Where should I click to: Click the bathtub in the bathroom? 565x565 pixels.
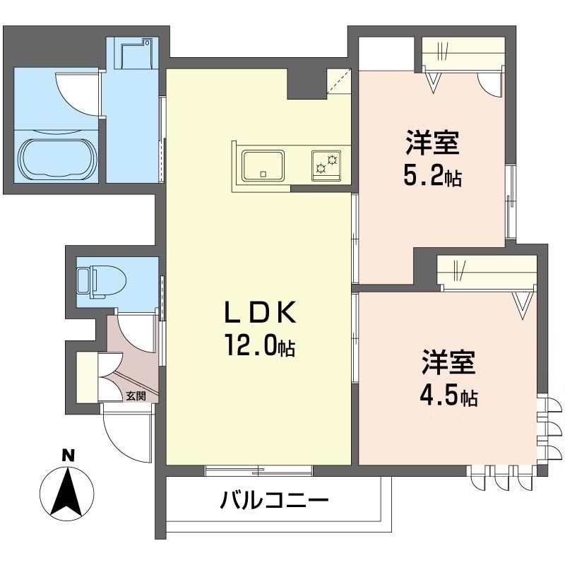click(x=58, y=160)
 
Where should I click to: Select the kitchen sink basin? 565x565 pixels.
click(x=263, y=165)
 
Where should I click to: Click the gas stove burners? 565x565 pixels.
click(x=326, y=165)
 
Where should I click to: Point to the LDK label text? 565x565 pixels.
click(x=260, y=312)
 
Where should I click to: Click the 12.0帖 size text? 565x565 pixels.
click(x=260, y=345)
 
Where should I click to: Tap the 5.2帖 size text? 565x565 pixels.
click(x=432, y=176)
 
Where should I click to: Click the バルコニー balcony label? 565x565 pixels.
click(x=275, y=501)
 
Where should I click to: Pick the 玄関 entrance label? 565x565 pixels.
click(x=136, y=396)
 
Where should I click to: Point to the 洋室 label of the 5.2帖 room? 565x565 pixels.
click(x=432, y=143)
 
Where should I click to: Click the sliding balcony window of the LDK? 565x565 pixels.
click(x=258, y=470)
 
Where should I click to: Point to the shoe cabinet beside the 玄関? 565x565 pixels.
click(x=87, y=377)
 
